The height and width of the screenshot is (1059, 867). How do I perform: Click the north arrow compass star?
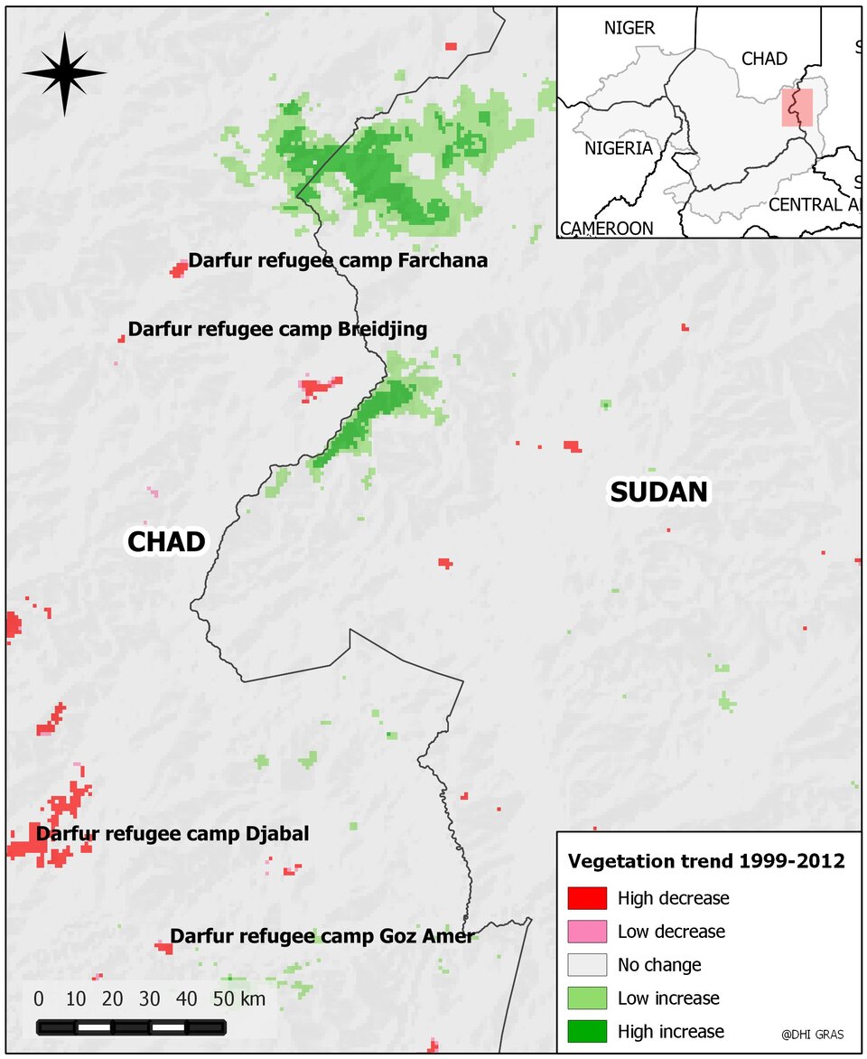tap(64, 74)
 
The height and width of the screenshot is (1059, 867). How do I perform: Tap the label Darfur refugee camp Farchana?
tap(338, 261)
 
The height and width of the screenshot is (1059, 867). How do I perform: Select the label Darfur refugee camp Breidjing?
tap(277, 329)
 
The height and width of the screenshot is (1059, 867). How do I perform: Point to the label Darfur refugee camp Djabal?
tap(172, 834)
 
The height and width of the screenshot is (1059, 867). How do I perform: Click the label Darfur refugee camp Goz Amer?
tap(322, 936)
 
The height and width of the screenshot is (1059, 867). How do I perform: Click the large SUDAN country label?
tap(658, 492)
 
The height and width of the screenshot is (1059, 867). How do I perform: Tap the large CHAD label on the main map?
tap(166, 541)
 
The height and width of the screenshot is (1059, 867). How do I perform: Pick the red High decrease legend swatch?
tap(586, 898)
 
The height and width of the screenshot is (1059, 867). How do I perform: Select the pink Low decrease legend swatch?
tap(586, 932)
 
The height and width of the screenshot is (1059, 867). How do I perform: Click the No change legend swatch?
tap(586, 965)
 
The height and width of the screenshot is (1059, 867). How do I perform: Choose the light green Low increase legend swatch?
tap(586, 998)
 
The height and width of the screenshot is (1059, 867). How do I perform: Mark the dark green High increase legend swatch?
tap(586, 1032)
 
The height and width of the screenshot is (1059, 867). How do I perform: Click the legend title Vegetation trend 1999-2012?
tap(706, 861)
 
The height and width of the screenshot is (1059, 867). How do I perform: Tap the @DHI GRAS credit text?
tap(812, 1035)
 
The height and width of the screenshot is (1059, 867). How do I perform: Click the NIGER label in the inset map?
tap(629, 28)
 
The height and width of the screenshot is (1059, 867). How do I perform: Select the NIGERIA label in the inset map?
tap(618, 148)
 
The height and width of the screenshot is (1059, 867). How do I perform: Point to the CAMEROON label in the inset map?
tap(606, 229)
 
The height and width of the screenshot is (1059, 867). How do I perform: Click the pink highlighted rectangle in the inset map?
tap(797, 108)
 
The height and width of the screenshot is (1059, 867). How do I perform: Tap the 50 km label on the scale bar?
tap(239, 999)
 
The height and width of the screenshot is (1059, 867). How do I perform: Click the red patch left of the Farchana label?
tap(179, 268)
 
